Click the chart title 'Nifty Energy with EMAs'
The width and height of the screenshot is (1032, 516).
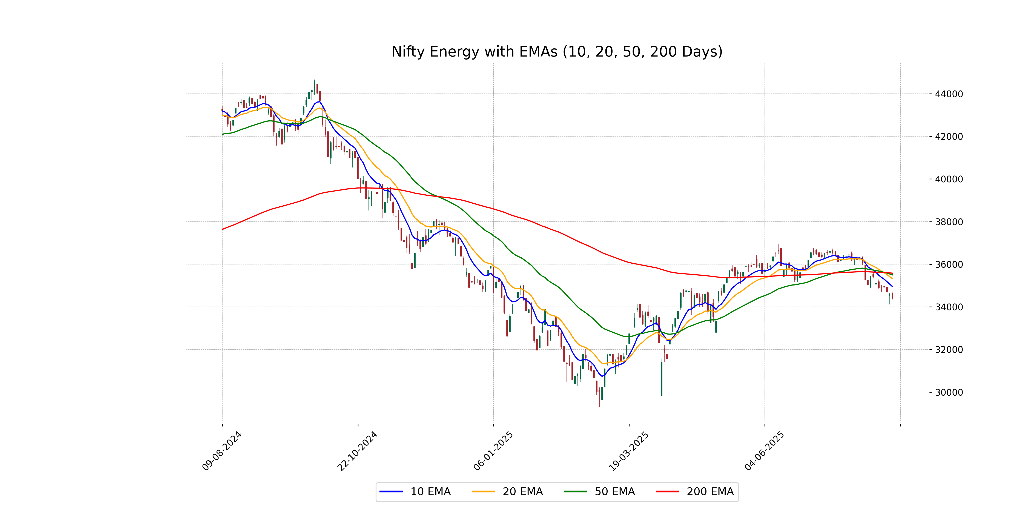click(557, 52)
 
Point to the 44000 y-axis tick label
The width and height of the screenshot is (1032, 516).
click(949, 94)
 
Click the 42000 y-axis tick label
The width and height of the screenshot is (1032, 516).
click(949, 137)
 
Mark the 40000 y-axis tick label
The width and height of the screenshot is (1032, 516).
click(949, 179)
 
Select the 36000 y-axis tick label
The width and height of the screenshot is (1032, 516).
click(949, 264)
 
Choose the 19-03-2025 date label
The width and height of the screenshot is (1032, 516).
click(629, 451)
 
